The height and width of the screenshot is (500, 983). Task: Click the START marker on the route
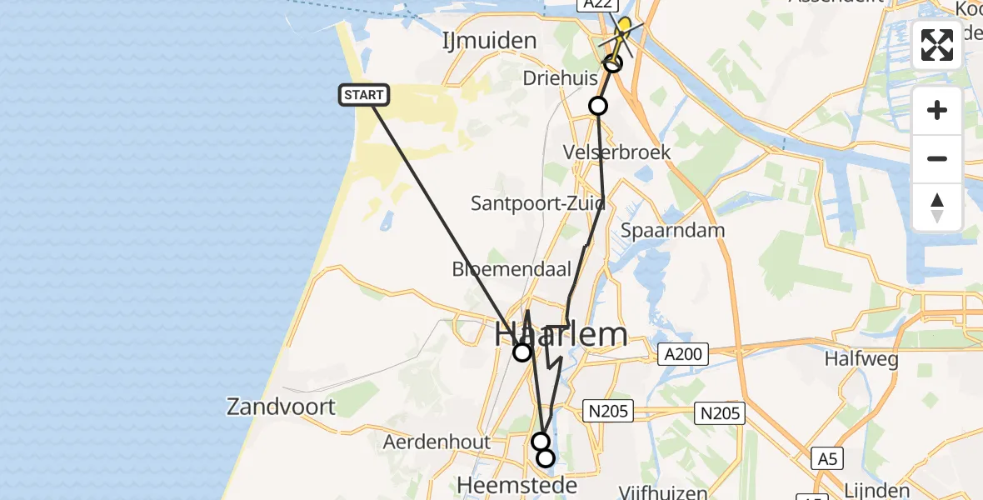click(x=364, y=95)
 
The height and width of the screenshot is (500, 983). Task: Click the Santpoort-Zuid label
click(x=537, y=203)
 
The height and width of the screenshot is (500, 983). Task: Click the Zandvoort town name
click(x=281, y=407)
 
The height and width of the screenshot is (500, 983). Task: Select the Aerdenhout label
click(x=437, y=442)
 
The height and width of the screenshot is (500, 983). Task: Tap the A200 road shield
click(x=682, y=354)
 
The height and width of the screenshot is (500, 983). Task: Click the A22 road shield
click(x=597, y=5)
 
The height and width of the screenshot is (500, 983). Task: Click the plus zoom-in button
click(x=937, y=111)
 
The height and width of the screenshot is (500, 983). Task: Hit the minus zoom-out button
click(x=937, y=158)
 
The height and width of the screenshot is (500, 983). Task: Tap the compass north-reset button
click(x=937, y=207)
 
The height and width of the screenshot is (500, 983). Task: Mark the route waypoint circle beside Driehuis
click(x=598, y=106)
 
